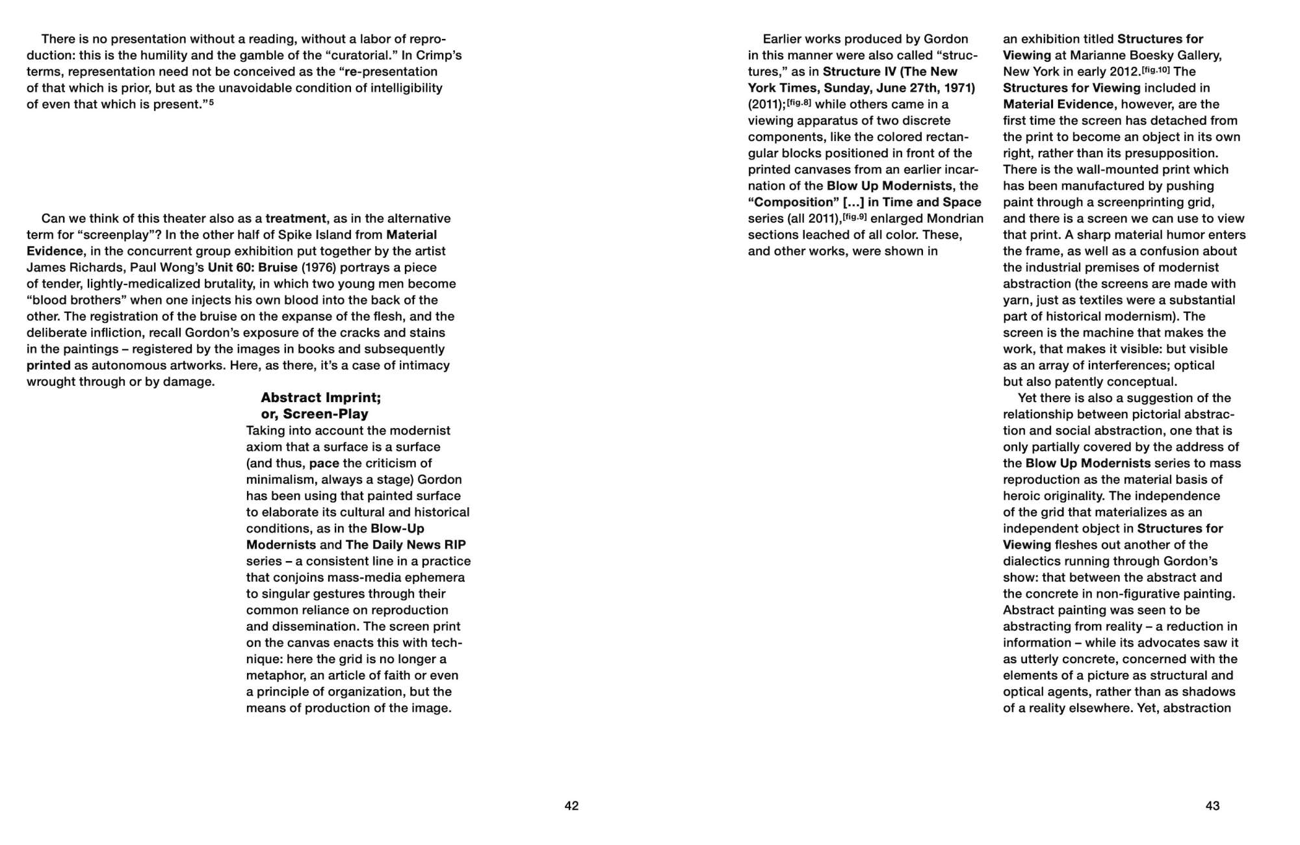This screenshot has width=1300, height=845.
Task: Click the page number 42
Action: pyautogui.click(x=571, y=806)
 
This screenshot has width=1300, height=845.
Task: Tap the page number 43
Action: pyautogui.click(x=1212, y=806)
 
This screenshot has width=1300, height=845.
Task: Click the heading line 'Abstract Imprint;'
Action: pyautogui.click(x=320, y=397)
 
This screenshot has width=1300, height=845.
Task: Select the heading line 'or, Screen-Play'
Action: pyautogui.click(x=315, y=414)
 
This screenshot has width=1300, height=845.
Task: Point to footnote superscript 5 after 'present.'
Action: pyautogui.click(x=211, y=102)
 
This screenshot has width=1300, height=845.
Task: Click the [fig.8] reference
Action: pyautogui.click(x=799, y=103)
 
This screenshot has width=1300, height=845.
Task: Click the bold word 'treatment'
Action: pyautogui.click(x=296, y=218)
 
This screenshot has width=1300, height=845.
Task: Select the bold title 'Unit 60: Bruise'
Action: pyautogui.click(x=252, y=267)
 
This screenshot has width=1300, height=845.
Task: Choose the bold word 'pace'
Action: pyautogui.click(x=324, y=463)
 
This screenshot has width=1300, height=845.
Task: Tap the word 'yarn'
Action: pyautogui.click(x=1017, y=300)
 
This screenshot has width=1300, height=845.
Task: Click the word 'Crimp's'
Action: pyautogui.click(x=439, y=55)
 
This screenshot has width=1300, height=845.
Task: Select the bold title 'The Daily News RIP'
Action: pyautogui.click(x=406, y=544)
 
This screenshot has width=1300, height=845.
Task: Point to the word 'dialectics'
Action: pyautogui.click(x=1033, y=561)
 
